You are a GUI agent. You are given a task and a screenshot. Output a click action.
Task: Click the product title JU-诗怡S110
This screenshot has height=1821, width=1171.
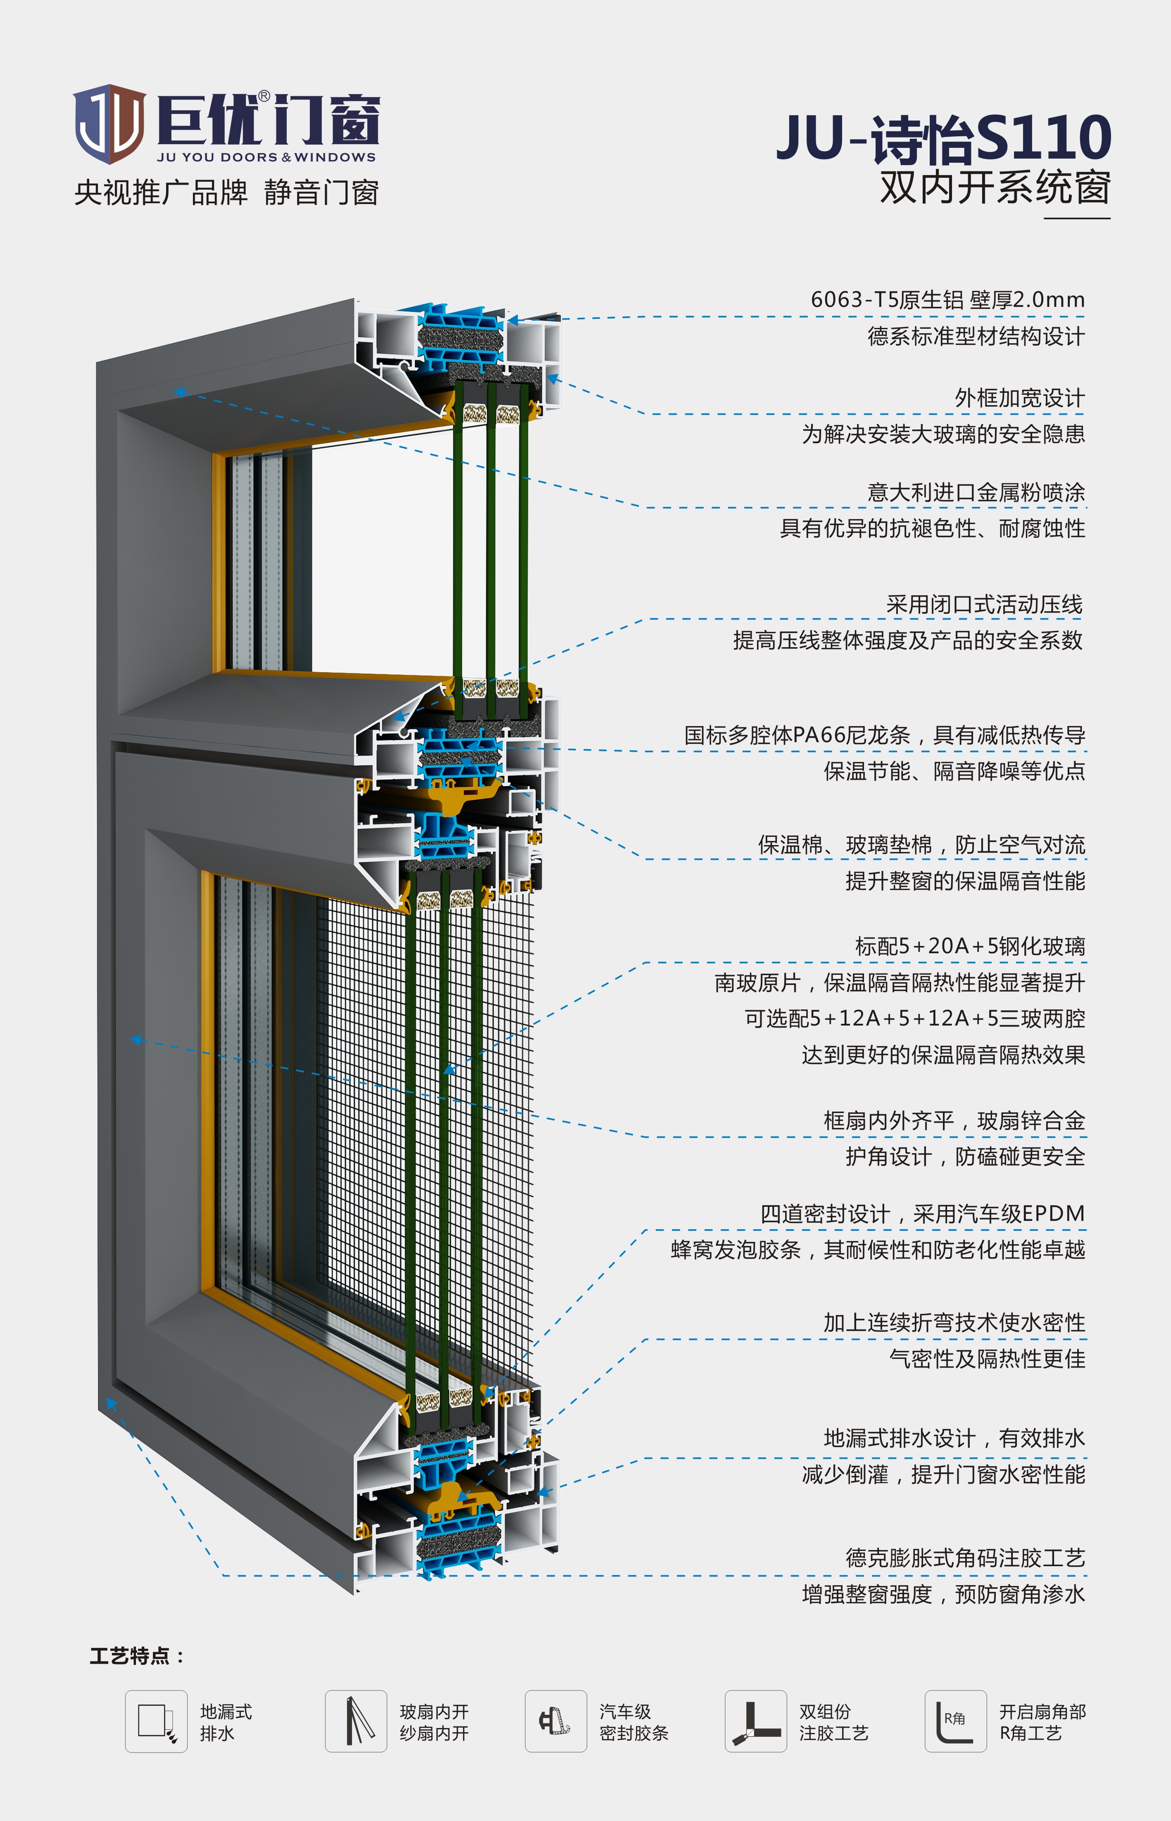pyautogui.click(x=944, y=138)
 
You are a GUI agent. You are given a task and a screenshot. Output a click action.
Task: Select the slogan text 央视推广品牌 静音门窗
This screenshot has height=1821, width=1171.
pyautogui.click(x=226, y=192)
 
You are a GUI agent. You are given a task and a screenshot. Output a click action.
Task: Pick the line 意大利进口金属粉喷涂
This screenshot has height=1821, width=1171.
pyautogui.click(x=976, y=492)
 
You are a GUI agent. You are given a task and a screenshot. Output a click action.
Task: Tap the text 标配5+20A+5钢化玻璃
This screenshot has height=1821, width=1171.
pyautogui.click(x=970, y=946)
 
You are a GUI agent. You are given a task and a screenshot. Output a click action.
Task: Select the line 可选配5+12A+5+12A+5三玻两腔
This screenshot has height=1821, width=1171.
pyautogui.click(x=915, y=1019)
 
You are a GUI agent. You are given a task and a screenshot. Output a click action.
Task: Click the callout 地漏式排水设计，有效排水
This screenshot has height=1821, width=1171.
pyautogui.click(x=954, y=1438)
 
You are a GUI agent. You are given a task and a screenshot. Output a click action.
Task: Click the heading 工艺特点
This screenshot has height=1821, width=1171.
pyautogui.click(x=137, y=1656)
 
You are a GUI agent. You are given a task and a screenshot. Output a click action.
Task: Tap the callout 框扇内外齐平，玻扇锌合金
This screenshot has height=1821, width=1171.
pyautogui.click(x=954, y=1120)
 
